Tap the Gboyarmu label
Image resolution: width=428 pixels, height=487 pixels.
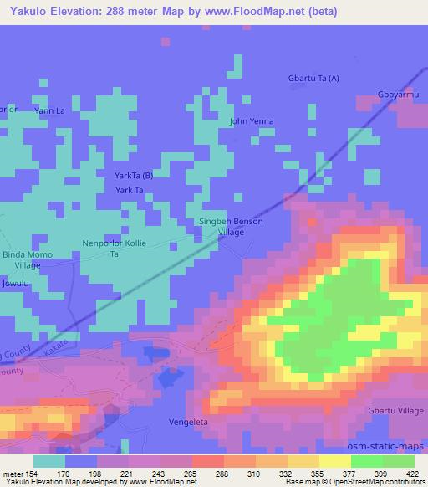coord(398,94)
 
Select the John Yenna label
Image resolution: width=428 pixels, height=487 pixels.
coord(252,121)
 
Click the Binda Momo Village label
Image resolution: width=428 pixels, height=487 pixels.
coord(28,259)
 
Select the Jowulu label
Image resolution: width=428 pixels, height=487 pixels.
coord(15,285)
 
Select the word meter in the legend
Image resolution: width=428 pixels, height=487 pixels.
coord(12,472)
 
